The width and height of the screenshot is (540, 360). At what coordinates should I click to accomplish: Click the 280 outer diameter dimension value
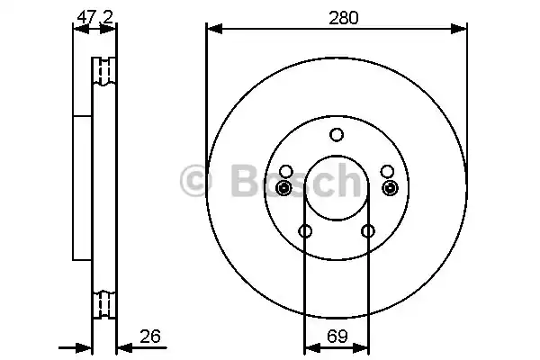[x=337, y=17]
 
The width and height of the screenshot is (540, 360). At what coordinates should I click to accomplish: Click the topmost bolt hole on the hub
[x=337, y=135]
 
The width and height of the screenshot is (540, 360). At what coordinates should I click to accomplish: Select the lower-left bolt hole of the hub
[x=305, y=232]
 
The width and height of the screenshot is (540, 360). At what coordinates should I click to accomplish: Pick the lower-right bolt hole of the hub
[x=367, y=232]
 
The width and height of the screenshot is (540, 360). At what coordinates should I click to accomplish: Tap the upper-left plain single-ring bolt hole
[x=286, y=171]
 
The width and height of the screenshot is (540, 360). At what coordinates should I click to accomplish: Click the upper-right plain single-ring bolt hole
[x=387, y=171]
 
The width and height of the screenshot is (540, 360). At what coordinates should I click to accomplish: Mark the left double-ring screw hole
[x=284, y=187]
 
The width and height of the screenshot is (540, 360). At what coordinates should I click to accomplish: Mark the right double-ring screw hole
[x=389, y=187]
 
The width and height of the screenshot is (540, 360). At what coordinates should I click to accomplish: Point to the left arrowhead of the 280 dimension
[x=212, y=30]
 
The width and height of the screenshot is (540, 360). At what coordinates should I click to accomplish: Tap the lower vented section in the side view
[x=105, y=302]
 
